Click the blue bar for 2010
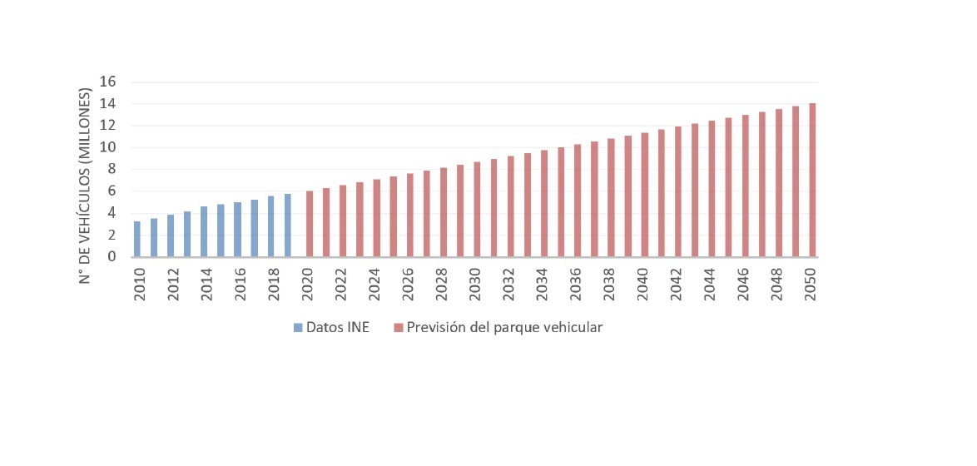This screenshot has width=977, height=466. (137, 239)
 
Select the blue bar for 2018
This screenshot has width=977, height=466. (270, 226)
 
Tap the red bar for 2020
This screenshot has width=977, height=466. (310, 224)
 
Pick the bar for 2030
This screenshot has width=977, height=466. (477, 209)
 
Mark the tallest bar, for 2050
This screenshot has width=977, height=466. (811, 180)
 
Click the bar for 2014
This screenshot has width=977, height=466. (204, 231)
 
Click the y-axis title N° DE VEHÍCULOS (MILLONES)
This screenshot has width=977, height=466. (85, 181)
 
